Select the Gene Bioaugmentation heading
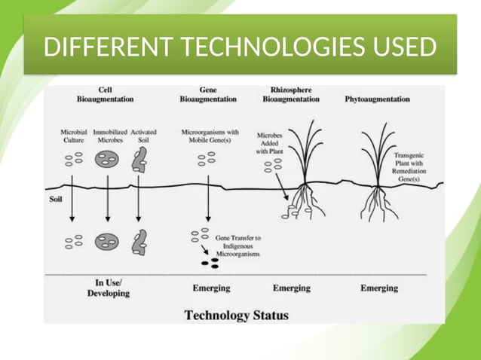point(207,93)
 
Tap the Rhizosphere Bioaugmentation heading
point(292,93)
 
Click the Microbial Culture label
point(73,136)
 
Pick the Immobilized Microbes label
point(110,136)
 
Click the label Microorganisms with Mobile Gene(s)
point(210,136)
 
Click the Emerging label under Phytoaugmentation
point(378,288)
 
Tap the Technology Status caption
point(236,314)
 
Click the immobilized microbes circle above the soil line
point(107,160)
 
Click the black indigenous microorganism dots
point(210,263)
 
